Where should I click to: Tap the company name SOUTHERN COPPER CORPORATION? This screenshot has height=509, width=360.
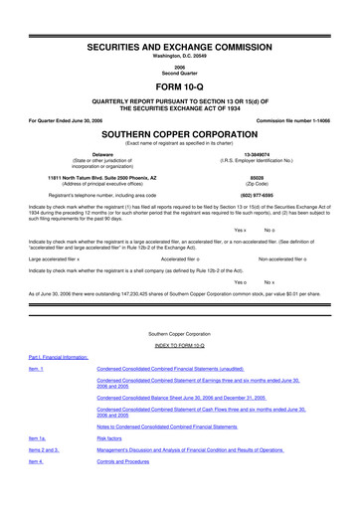pyautogui.click(x=179, y=134)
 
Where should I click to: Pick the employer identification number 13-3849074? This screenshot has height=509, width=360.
pyautogui.click(x=284, y=155)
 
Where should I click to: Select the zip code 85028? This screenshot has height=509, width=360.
pyautogui.click(x=284, y=180)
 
